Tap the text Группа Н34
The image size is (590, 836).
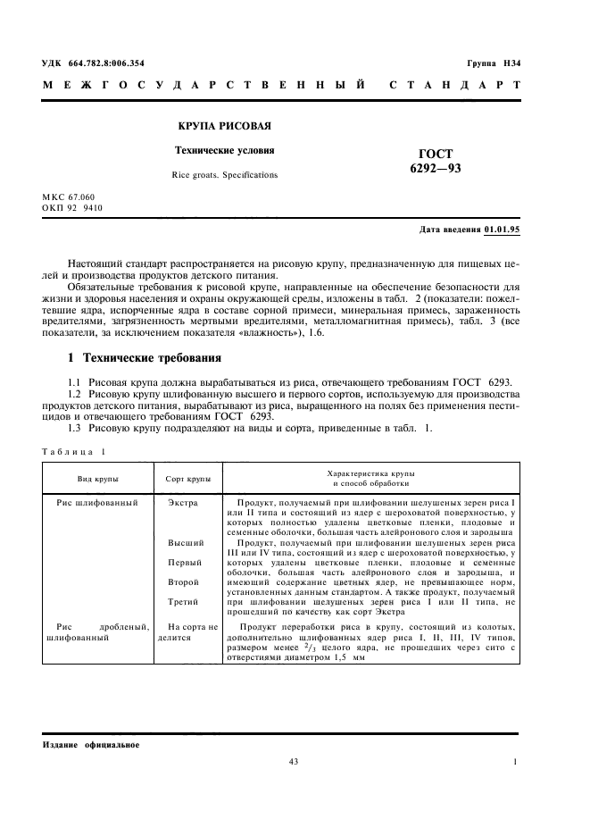(494, 63)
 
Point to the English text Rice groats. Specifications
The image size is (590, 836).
(225, 175)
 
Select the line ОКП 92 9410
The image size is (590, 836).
(73, 207)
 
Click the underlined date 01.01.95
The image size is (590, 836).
(503, 230)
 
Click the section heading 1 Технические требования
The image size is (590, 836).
(145, 359)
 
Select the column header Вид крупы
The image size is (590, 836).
(98, 479)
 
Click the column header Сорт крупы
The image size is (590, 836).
(188, 479)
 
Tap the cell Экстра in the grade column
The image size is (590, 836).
(184, 503)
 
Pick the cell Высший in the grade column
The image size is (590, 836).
(186, 542)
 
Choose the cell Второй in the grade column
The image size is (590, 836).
(184, 582)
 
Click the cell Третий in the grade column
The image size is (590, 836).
(184, 603)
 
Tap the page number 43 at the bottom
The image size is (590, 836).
(294, 761)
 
